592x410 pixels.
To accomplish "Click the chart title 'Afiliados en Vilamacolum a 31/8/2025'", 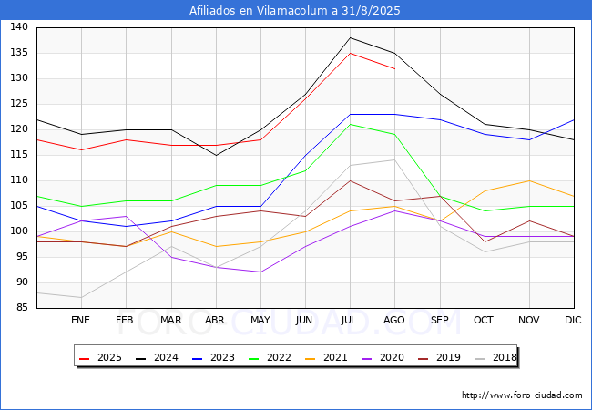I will pyautogui.click(x=295, y=11).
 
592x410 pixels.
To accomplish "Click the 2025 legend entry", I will pyautogui.click(x=104, y=358).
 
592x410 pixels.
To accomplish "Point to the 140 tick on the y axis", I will pyautogui.click(x=18, y=27).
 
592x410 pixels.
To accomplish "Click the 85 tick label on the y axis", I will pyautogui.click(x=21, y=308).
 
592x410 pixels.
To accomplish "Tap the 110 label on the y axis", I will pyautogui.click(x=18, y=180).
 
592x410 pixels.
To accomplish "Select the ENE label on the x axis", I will pyautogui.click(x=81, y=320).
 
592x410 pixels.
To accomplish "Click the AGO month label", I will pyautogui.click(x=394, y=320).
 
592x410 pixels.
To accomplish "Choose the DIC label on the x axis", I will pyautogui.click(x=573, y=320).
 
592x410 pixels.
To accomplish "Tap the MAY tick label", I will pyautogui.click(x=260, y=320).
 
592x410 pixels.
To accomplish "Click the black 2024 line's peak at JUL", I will pyautogui.click(x=350, y=37).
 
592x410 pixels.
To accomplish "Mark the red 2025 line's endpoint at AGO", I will pyautogui.click(x=394, y=68).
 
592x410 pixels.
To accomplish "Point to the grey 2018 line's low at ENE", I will pyautogui.click(x=81, y=297).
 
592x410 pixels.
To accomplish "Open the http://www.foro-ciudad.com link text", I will pyautogui.click(x=522, y=395).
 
